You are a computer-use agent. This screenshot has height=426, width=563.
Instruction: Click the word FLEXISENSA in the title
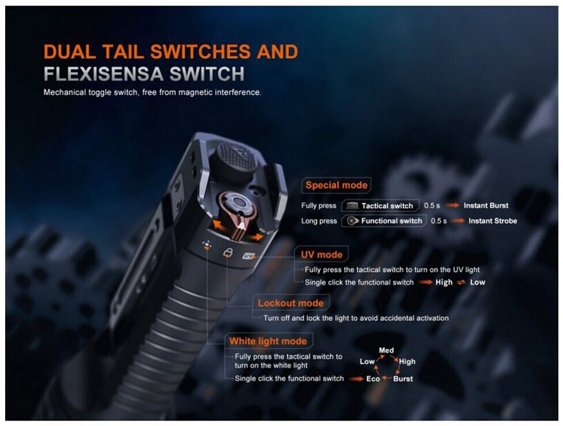tap(104, 74)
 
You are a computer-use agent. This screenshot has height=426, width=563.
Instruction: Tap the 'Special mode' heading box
tap(336, 186)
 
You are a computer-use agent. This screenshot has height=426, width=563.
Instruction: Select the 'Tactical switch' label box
tap(380, 206)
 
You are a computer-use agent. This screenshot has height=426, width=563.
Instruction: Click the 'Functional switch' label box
tap(384, 221)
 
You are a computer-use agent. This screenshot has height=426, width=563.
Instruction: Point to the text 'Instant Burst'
tap(486, 205)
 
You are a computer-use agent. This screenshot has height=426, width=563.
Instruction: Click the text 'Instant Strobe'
tap(493, 221)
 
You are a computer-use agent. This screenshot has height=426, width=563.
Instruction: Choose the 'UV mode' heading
tap(322, 255)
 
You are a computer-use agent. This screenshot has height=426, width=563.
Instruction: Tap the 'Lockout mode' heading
tap(290, 303)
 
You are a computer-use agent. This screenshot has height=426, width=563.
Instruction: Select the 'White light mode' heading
tap(268, 341)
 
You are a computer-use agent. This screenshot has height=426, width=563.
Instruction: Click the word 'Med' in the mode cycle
tap(386, 350)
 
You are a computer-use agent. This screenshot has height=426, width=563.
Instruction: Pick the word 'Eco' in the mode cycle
tap(373, 379)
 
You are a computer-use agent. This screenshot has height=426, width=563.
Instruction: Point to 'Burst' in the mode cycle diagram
tap(403, 379)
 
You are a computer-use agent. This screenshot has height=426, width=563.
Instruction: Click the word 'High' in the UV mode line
tap(444, 282)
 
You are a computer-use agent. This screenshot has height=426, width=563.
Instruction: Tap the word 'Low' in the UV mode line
tap(478, 282)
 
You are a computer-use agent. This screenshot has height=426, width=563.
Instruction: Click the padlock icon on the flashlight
tap(228, 252)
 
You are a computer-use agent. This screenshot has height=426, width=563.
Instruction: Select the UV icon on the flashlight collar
tap(248, 256)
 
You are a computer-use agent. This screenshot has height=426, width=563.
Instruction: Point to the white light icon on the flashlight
tap(207, 246)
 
